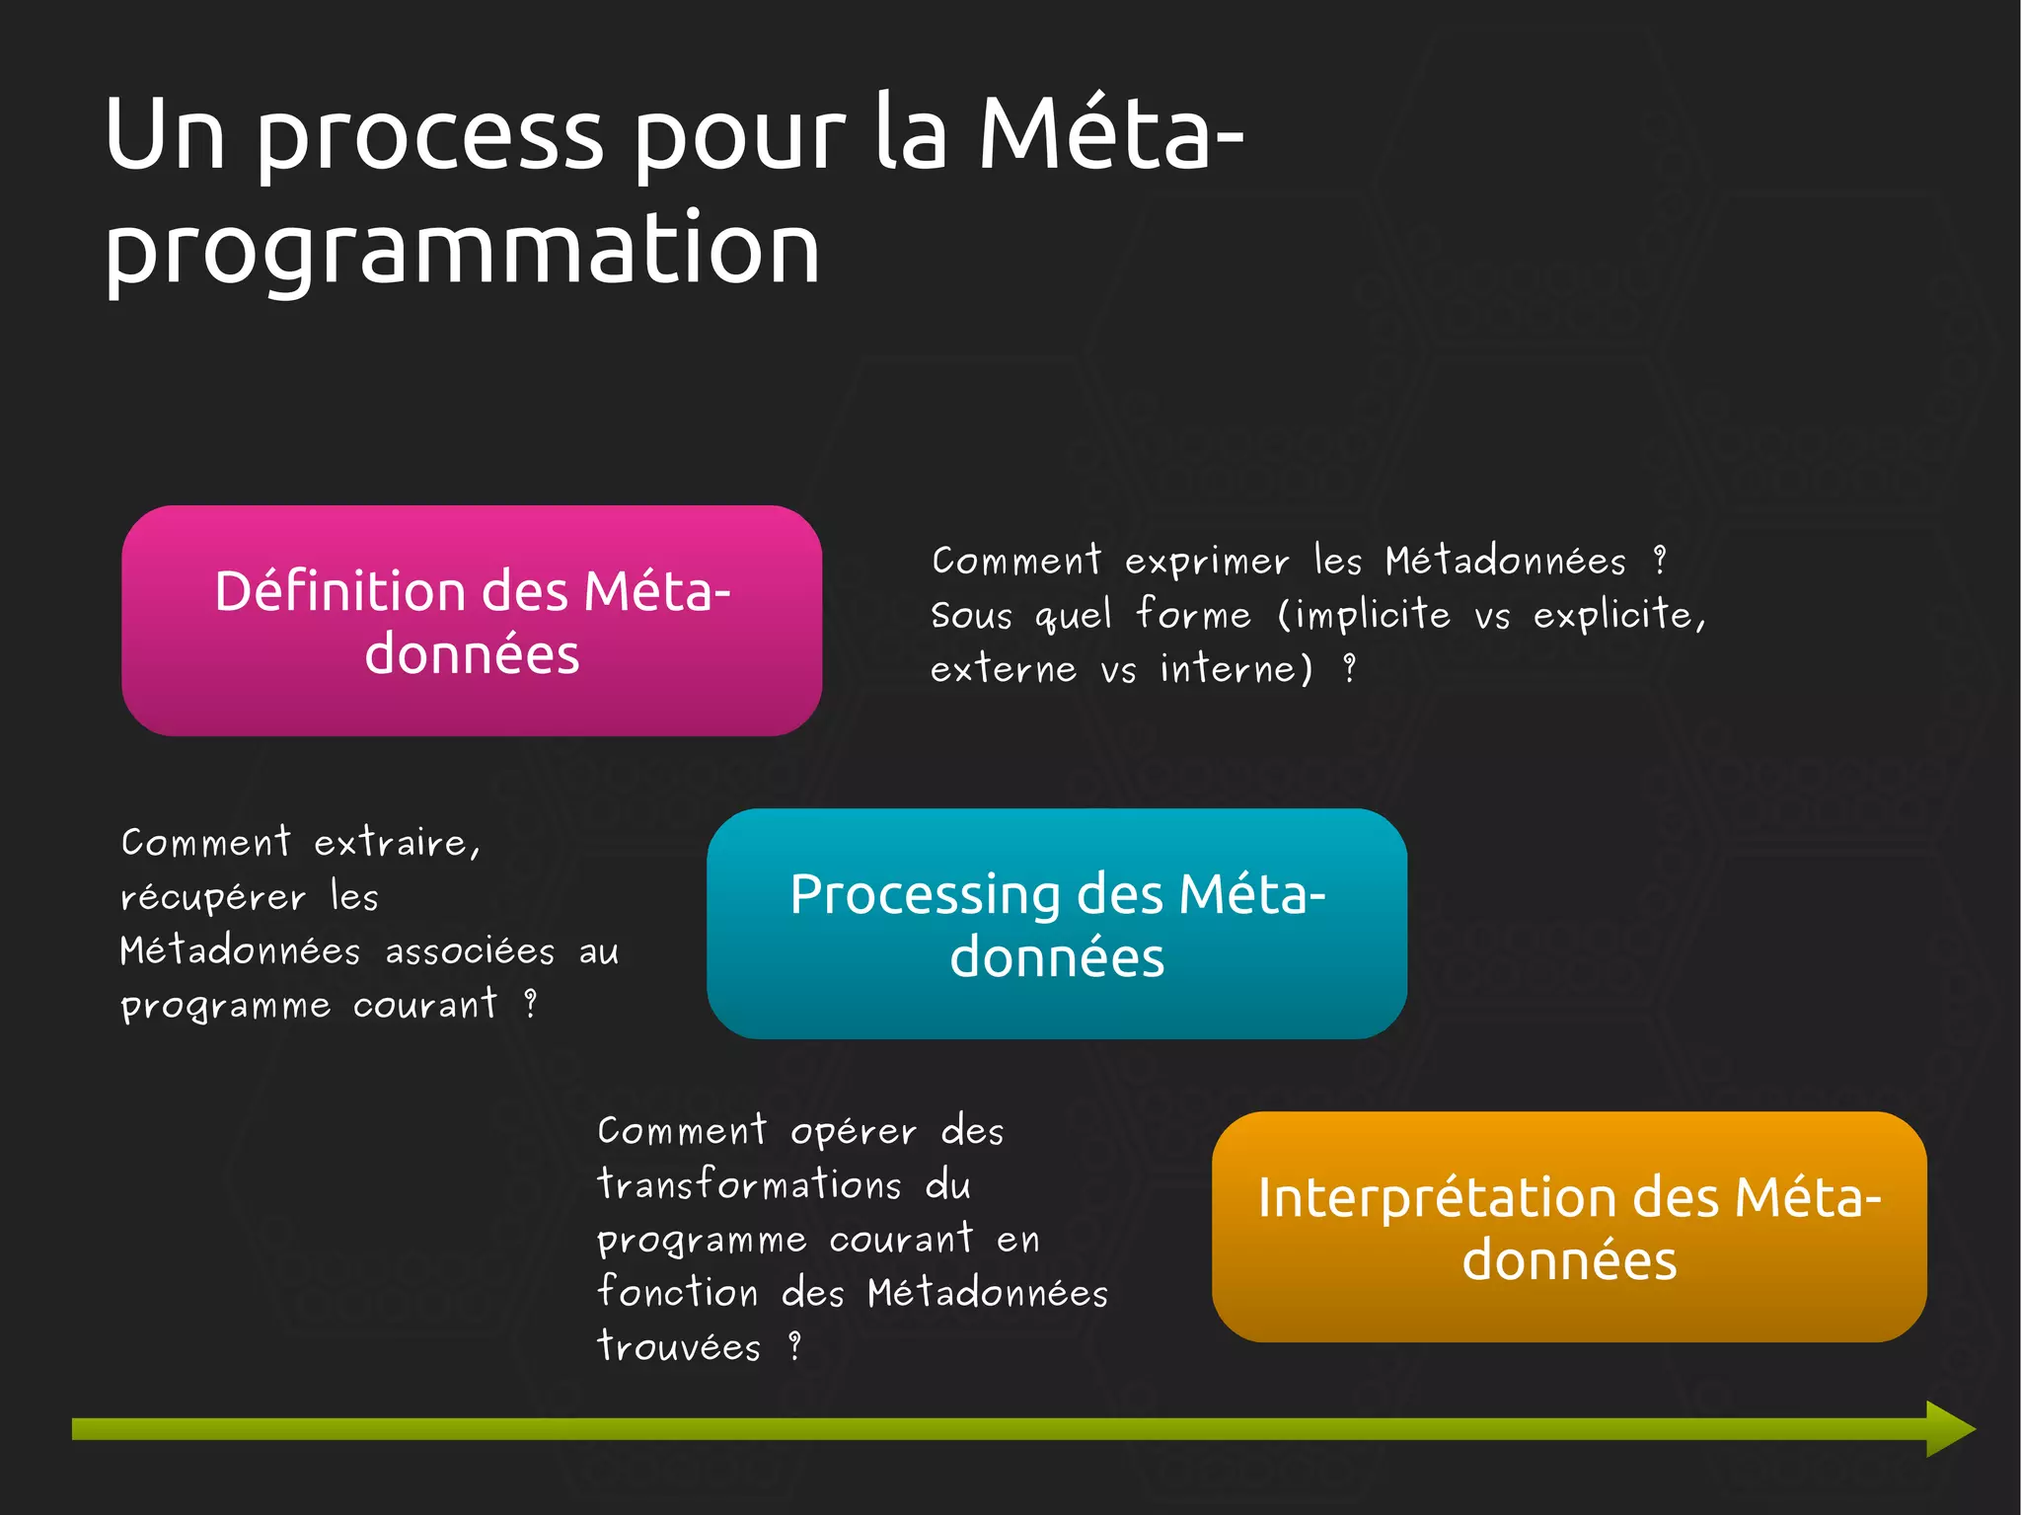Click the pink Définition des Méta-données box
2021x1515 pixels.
tap(472, 620)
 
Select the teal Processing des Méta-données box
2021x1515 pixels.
tap(1056, 924)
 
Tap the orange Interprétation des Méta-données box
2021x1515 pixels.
tap(1569, 1227)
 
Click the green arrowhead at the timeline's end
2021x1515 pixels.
tap(1949, 1428)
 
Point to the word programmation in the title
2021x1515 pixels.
tap(462, 251)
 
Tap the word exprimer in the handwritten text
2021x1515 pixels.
tap(1206, 562)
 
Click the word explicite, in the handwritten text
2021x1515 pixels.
tap(1618, 615)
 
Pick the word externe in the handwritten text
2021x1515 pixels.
tap(1003, 669)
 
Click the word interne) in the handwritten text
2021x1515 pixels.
tap(1236, 669)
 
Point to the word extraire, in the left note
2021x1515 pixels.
tap(397, 843)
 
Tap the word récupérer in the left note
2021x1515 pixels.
tap(213, 897)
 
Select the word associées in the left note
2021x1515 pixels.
tap(470, 951)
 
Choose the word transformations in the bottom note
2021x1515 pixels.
tap(749, 1184)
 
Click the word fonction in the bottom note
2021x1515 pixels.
tap(678, 1292)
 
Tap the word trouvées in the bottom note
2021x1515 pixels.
tap(679, 1346)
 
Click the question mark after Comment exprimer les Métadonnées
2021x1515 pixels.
tap(1660, 561)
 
